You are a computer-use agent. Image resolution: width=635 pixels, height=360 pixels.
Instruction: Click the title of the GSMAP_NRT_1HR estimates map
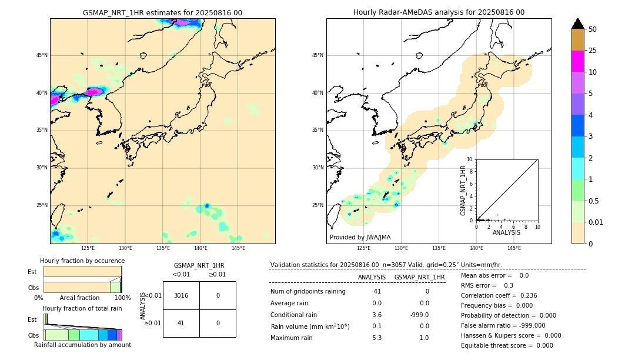coord(162,12)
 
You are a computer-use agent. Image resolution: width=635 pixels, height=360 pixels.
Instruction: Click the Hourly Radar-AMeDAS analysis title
coord(439,12)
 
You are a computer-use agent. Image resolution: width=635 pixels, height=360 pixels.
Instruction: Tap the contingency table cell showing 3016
coord(181,295)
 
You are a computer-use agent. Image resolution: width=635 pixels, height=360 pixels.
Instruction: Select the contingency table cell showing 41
coord(181,323)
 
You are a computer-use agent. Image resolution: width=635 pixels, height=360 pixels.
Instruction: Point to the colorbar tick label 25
coord(593,51)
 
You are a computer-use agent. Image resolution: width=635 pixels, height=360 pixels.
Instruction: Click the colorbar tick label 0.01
coord(595,222)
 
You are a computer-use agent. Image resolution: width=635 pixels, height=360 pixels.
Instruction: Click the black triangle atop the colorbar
coord(577,24)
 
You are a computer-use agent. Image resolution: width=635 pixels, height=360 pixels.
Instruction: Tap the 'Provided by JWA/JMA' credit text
coord(360,238)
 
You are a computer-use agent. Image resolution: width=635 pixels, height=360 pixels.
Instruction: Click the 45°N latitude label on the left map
coord(42,55)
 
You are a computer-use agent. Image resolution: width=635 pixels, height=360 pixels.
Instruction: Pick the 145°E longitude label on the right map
coord(514,248)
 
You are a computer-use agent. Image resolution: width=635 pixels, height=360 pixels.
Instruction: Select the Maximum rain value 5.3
coord(377,338)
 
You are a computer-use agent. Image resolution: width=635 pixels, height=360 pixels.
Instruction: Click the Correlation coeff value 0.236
coord(524,295)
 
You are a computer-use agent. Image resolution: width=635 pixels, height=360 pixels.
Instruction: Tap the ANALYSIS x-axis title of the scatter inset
coord(506,233)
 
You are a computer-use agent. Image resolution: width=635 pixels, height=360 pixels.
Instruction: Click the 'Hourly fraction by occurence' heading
coord(82,261)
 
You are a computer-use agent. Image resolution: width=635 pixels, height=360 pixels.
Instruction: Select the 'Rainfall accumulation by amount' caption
coord(82,345)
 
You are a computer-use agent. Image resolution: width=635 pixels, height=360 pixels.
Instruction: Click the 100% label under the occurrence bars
coord(122,298)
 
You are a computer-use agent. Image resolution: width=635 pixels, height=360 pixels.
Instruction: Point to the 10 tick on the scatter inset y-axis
coord(469,159)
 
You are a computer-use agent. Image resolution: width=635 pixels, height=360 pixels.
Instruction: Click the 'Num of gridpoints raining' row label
coord(308,292)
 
